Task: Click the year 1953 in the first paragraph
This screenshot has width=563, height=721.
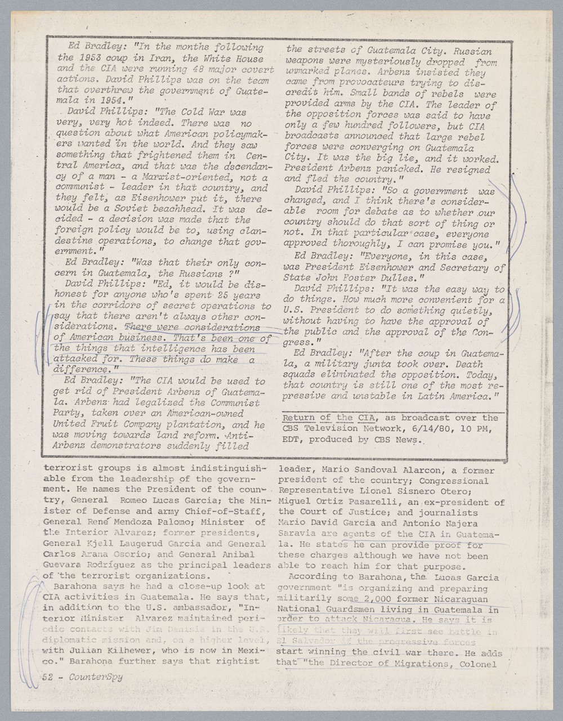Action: pyautogui.click(x=90, y=59)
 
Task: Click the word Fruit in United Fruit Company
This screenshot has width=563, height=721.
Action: pyautogui.click(x=101, y=424)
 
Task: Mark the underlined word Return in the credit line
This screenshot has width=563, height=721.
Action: pyautogui.click(x=298, y=418)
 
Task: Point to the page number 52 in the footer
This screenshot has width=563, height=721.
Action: pyautogui.click(x=48, y=678)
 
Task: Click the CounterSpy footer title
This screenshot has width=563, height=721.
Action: pyautogui.click(x=95, y=678)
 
